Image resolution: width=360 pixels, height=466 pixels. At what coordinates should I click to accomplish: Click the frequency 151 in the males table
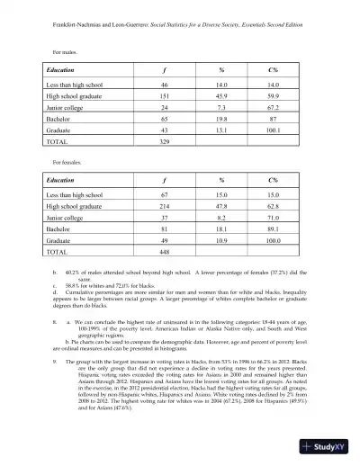[165, 96]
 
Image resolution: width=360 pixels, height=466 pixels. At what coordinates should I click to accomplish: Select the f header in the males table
[165, 68]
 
